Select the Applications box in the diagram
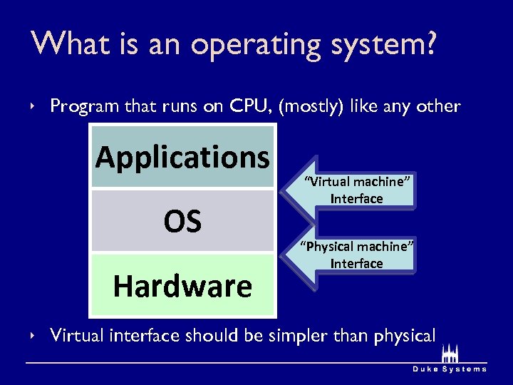pyautogui.click(x=182, y=157)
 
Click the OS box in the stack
pyautogui.click(x=182, y=221)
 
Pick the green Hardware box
pyautogui.click(x=182, y=286)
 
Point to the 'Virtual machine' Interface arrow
pyautogui.click(x=356, y=190)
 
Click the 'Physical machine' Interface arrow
pyautogui.click(x=356, y=255)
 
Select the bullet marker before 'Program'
pyautogui.click(x=33, y=106)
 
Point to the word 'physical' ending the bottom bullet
pyautogui.click(x=400, y=335)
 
